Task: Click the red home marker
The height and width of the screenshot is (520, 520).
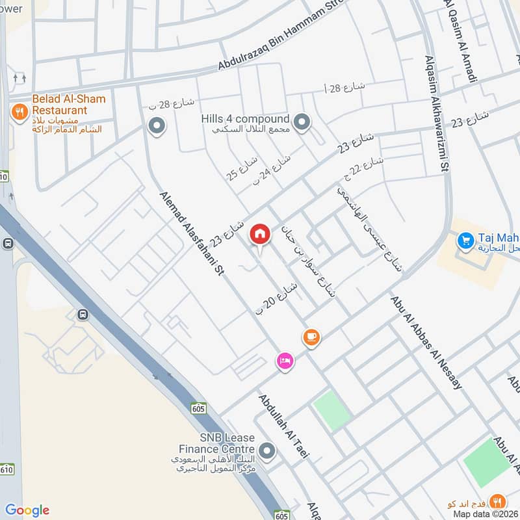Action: (260, 233)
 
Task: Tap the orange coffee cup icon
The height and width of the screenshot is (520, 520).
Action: (311, 337)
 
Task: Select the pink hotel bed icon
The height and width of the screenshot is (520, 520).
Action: (285, 361)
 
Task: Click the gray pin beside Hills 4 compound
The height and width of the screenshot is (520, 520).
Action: (302, 121)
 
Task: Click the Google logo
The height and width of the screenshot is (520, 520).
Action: (27, 510)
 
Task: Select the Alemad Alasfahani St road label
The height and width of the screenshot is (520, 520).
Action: (191, 233)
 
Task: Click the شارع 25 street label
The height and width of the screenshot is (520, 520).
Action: (242, 168)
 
